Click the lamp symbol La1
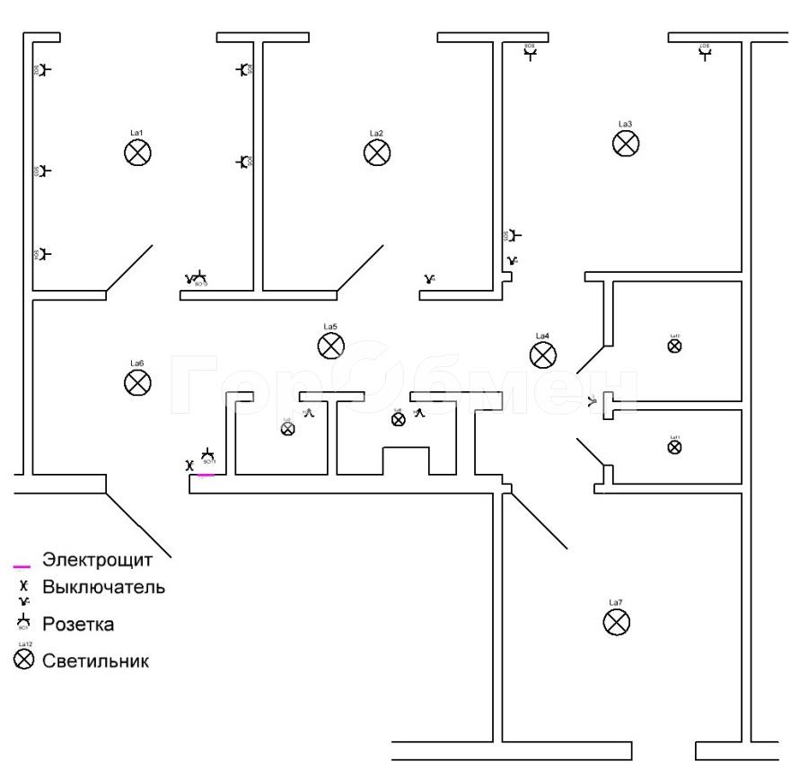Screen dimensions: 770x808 [137, 153]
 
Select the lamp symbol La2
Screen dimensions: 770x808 [377, 153]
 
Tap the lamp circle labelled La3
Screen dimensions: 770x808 [626, 143]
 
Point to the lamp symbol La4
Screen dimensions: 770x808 [542, 355]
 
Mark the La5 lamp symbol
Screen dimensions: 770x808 [330, 346]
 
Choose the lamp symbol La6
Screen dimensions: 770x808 [136, 383]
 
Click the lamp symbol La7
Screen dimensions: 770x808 [616, 622]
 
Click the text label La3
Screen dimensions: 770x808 [626, 124]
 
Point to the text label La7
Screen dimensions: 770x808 [615, 602]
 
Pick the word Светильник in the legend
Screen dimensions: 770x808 [96, 661]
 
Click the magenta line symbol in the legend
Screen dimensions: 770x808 [22, 566]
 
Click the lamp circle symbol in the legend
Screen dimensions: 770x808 [24, 661]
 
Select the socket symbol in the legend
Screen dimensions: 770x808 [24, 621]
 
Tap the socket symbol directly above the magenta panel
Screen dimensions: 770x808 [207, 456]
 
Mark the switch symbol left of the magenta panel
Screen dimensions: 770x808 [189, 466]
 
